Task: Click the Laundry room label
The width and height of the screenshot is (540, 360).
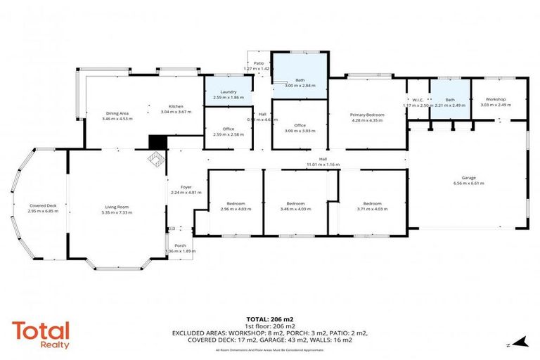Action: (x=228, y=91)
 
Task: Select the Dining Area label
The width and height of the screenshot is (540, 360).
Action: (x=116, y=113)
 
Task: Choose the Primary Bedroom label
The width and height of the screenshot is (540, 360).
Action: (x=367, y=114)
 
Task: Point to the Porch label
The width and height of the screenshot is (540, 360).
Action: (x=181, y=245)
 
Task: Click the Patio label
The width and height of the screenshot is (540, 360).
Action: (x=258, y=63)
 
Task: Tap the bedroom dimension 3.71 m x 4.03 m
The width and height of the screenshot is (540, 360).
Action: (x=372, y=209)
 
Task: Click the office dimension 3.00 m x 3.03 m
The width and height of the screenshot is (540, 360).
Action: (x=300, y=130)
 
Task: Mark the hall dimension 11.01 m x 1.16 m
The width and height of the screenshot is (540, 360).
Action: (x=323, y=165)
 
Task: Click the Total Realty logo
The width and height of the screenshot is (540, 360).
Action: (x=41, y=335)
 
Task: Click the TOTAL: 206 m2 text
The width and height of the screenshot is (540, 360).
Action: (x=270, y=318)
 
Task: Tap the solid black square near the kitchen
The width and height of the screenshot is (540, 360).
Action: (x=155, y=142)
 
